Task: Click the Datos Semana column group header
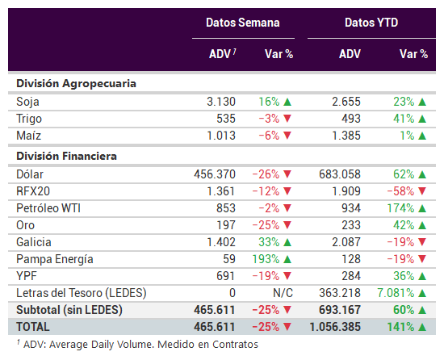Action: [243, 23]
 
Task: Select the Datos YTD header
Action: [371, 23]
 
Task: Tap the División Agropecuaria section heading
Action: [76, 84]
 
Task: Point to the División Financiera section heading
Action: [66, 157]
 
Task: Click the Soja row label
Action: [27, 102]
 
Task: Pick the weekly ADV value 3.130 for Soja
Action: [221, 102]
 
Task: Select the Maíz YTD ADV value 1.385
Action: [346, 136]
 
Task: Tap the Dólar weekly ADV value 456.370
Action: [215, 174]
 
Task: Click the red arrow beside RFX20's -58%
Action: [422, 191]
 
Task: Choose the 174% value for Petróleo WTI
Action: [400, 208]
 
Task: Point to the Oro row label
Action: [26, 225]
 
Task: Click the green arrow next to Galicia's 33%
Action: [287, 242]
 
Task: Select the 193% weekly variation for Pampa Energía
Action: [266, 259]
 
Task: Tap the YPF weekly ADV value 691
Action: [226, 276]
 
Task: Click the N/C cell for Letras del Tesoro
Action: [283, 293]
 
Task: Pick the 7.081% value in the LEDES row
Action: [396, 293]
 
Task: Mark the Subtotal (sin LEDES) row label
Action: [69, 310]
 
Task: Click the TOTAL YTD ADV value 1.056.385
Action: [335, 327]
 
